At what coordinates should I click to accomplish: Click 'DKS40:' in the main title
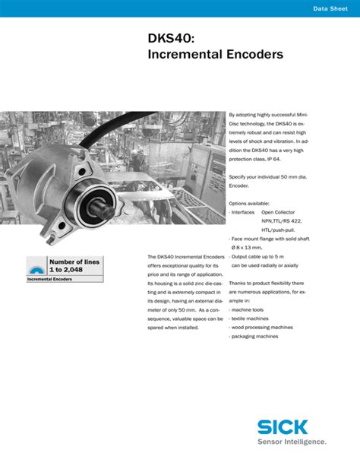[171, 37]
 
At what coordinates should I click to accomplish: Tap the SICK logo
[294, 427]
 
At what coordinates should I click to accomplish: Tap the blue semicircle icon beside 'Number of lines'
[36, 267]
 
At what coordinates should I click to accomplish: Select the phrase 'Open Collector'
[279, 212]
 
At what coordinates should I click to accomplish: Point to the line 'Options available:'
[249, 203]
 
